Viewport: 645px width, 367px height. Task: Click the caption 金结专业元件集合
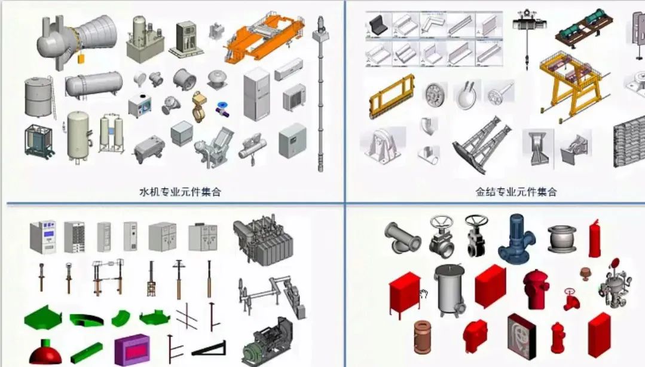516,192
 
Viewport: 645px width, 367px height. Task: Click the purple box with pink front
131,349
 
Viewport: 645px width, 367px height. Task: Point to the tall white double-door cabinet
256,93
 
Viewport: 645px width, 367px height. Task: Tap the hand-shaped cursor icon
424,293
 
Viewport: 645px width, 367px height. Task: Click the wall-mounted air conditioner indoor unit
289,68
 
